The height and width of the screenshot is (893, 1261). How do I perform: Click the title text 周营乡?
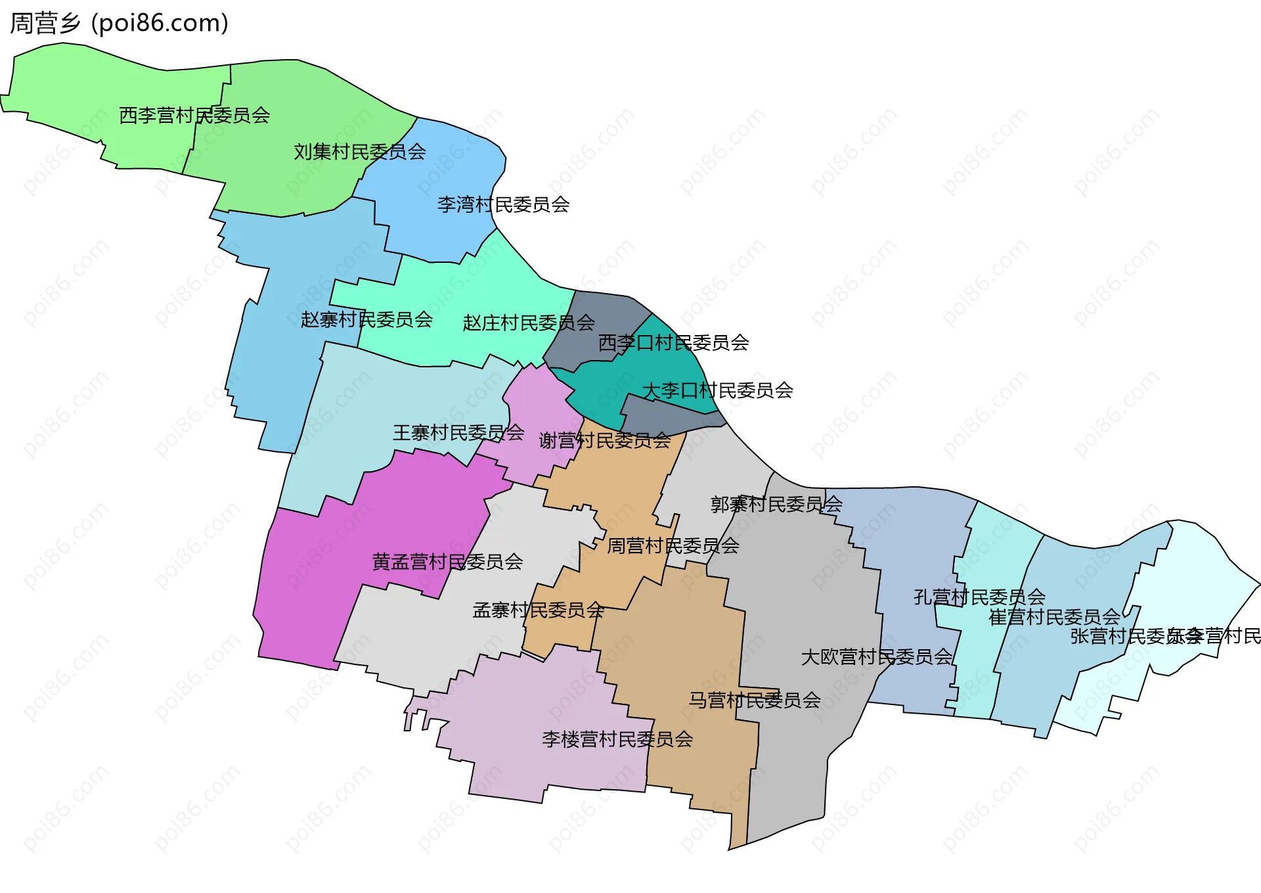click(x=45, y=23)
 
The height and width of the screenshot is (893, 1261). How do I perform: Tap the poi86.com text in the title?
click(x=160, y=23)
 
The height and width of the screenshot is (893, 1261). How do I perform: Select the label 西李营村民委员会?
click(x=194, y=116)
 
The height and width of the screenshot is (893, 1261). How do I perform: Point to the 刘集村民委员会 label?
click(x=359, y=152)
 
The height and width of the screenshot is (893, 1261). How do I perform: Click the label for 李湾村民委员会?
click(x=503, y=205)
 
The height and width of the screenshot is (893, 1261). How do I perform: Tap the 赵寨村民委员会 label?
click(x=366, y=320)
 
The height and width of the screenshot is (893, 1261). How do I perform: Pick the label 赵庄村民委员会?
click(x=528, y=323)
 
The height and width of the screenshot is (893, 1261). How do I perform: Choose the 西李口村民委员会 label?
click(x=673, y=343)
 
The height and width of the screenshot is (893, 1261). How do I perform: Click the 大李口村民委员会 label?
click(x=717, y=391)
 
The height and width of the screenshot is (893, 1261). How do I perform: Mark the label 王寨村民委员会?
click(x=458, y=433)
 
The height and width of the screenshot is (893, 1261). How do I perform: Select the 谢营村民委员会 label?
click(x=604, y=441)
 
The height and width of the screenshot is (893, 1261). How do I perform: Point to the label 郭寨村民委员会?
click(x=776, y=505)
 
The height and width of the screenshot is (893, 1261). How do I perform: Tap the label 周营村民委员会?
click(x=673, y=546)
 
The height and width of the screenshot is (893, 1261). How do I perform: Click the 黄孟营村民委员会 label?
click(x=447, y=562)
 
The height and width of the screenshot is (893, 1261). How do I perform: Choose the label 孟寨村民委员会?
click(x=538, y=610)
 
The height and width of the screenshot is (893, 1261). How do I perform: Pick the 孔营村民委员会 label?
click(x=979, y=597)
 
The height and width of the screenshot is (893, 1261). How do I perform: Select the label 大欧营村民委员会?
click(x=876, y=657)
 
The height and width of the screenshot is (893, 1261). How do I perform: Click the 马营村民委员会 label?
click(x=755, y=700)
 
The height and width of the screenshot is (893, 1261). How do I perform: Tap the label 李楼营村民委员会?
click(x=617, y=740)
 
